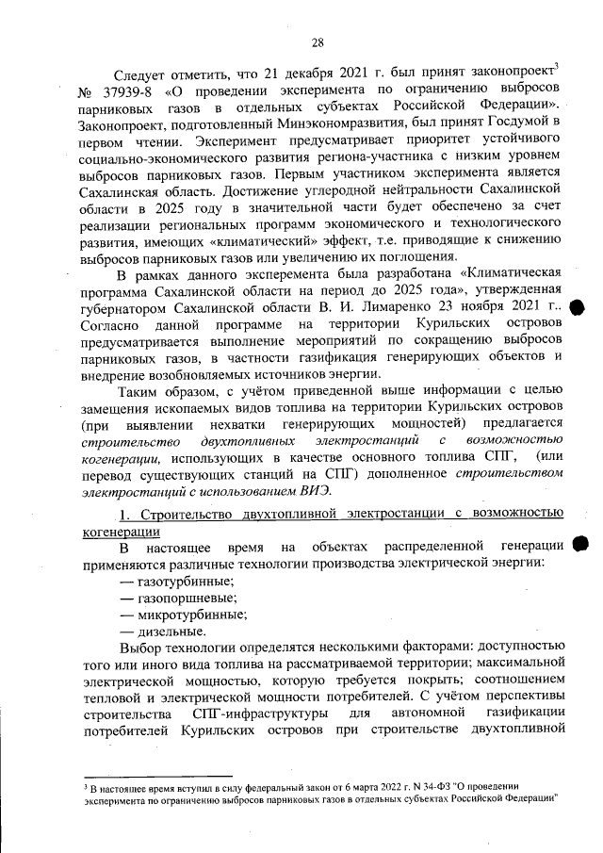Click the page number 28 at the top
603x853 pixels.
pyautogui.click(x=318, y=42)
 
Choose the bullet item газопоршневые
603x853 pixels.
pyautogui.click(x=180, y=597)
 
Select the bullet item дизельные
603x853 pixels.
pyautogui.click(x=164, y=630)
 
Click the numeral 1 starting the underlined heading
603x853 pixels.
pyautogui.click(x=123, y=513)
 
